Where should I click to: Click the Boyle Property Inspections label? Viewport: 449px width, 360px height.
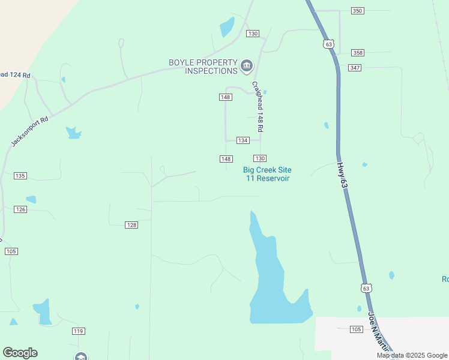(x=203, y=67)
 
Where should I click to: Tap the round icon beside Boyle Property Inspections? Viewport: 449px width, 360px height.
(x=247, y=66)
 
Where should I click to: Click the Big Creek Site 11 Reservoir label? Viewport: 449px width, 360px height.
(x=267, y=174)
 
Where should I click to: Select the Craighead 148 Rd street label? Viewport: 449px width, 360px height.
(x=258, y=107)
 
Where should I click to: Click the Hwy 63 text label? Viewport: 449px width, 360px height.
(x=342, y=177)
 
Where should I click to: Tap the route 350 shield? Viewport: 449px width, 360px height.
(x=358, y=11)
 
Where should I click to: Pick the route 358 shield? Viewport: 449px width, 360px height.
(x=358, y=53)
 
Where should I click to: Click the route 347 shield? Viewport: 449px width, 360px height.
(x=355, y=68)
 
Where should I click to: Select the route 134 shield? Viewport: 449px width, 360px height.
(x=243, y=140)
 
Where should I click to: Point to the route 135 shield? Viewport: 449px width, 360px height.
(x=20, y=176)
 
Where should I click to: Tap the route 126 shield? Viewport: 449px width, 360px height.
(x=20, y=209)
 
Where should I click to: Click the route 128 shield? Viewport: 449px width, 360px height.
(x=131, y=224)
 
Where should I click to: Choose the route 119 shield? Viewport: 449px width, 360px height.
(x=78, y=331)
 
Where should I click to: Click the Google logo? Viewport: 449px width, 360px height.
(x=20, y=353)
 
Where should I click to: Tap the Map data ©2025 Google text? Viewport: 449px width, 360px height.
(x=412, y=355)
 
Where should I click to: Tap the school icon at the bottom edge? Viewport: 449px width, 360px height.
(x=81, y=356)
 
